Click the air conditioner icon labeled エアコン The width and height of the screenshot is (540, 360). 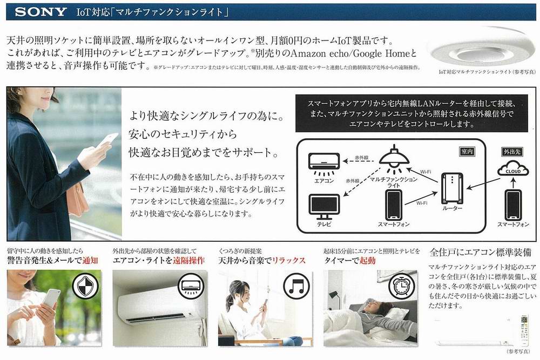pos(324,160)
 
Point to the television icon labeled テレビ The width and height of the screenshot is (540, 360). pos(324,205)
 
